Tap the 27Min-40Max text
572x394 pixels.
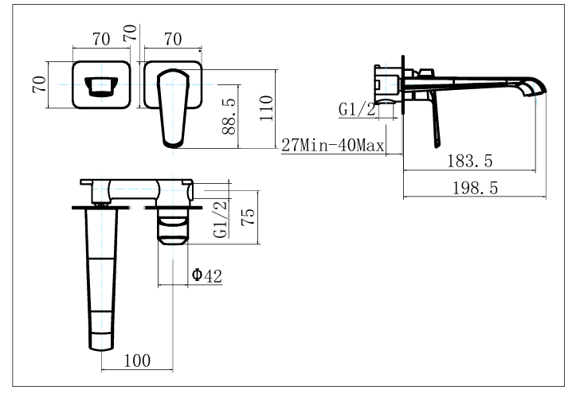point(333,146)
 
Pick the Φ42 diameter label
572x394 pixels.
point(206,276)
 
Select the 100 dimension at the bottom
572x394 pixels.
point(138,361)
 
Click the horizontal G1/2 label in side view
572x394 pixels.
point(357,111)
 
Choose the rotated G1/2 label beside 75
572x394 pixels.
point(221,220)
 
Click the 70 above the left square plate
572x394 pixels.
point(100,37)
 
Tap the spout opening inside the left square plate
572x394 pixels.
point(100,84)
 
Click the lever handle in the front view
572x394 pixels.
point(174,107)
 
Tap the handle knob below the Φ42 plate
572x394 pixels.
point(173,228)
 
